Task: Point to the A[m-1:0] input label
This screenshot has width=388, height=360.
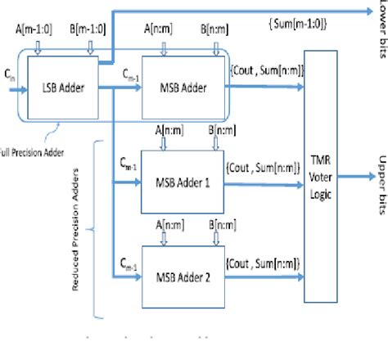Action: point(33,32)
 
